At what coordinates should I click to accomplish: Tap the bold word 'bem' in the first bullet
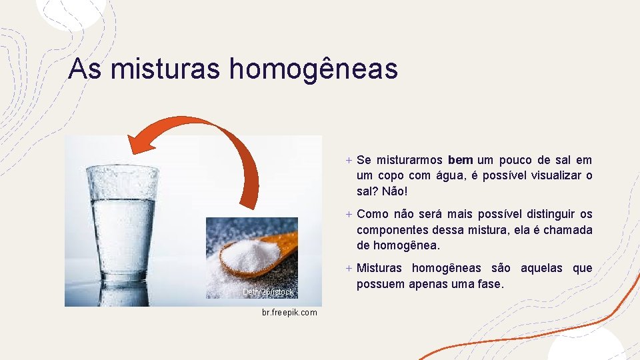(x=461, y=160)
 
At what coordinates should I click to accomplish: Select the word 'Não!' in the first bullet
(x=393, y=192)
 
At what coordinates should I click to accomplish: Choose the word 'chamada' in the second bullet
(x=569, y=230)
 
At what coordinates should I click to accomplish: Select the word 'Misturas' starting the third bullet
(x=379, y=268)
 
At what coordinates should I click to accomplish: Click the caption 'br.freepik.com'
(x=290, y=313)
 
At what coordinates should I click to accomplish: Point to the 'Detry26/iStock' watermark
(x=268, y=292)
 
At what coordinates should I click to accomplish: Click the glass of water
(x=124, y=220)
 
